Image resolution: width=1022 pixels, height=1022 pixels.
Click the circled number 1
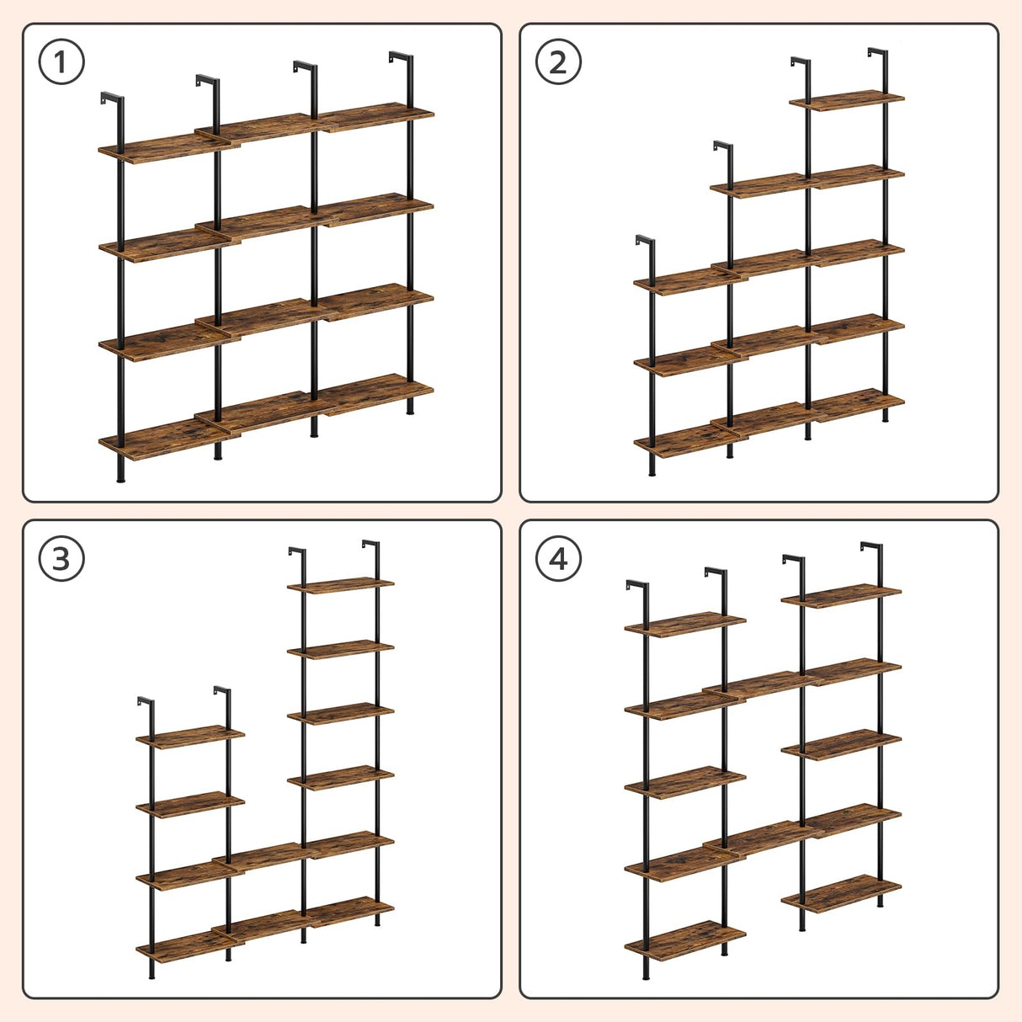click(x=61, y=61)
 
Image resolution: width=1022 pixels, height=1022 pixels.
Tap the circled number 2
click(x=558, y=61)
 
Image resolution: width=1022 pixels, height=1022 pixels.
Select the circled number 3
click(x=61, y=558)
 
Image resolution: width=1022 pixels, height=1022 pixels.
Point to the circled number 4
click(x=558, y=558)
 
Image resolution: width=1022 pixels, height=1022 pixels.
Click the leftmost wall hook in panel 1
click(x=109, y=98)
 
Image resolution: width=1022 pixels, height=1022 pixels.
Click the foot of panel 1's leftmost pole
click(x=120, y=478)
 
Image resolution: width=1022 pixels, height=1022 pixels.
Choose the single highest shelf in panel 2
click(x=846, y=100)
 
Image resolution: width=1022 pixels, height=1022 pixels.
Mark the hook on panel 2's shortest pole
click(x=644, y=242)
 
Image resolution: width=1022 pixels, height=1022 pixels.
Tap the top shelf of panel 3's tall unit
click(x=340, y=584)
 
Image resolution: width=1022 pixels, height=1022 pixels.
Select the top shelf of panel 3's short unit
click(x=190, y=737)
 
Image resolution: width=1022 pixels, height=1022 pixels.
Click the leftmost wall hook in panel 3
click(x=146, y=702)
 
